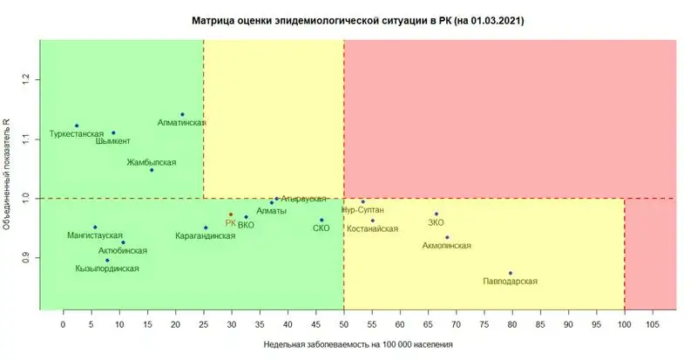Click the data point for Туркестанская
coord(77,126)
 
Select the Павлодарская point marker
coord(511,273)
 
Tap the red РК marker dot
coord(231,214)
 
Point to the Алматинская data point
coord(182,114)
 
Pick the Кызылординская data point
coord(107,260)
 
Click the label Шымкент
coord(113,141)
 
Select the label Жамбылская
coord(152,162)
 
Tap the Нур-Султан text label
coord(362,210)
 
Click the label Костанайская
coord(372,228)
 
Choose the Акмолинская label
coord(446,245)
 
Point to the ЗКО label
coord(436,222)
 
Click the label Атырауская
coord(304,199)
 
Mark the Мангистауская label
coord(95,235)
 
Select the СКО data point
coord(321,220)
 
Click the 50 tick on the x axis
coord(343,324)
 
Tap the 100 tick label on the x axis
coord(624,324)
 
